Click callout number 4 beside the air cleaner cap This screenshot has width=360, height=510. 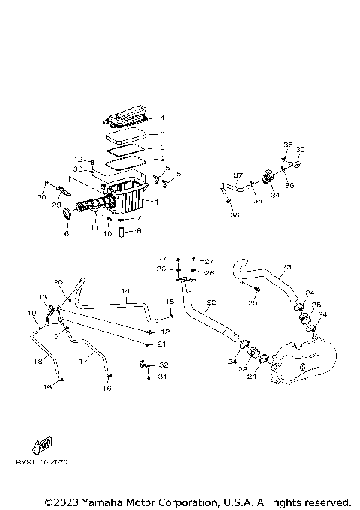(x=161, y=118)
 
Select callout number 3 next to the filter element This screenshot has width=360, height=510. (x=161, y=134)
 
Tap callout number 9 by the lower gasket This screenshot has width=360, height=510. (x=161, y=159)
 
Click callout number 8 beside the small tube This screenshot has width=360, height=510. (x=138, y=231)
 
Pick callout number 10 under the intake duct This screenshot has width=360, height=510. (x=107, y=234)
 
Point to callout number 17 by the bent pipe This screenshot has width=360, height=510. (x=83, y=361)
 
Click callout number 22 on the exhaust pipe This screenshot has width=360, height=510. (x=211, y=302)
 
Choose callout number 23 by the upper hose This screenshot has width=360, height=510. (x=286, y=266)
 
